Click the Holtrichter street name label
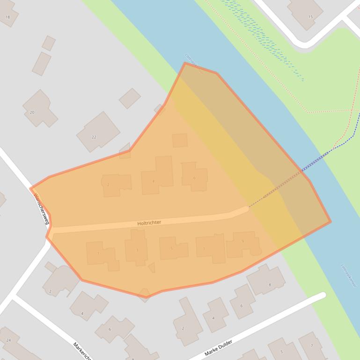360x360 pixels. (149, 223)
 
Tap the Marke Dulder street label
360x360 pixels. (218, 349)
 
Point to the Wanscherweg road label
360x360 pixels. (41, 209)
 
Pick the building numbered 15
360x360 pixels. (305, 13)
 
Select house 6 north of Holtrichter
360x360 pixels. (194, 176)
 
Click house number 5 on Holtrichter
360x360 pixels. (172, 248)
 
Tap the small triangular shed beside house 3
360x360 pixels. (151, 267)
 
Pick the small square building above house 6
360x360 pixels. (180, 140)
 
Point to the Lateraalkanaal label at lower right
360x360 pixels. (350, 276)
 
